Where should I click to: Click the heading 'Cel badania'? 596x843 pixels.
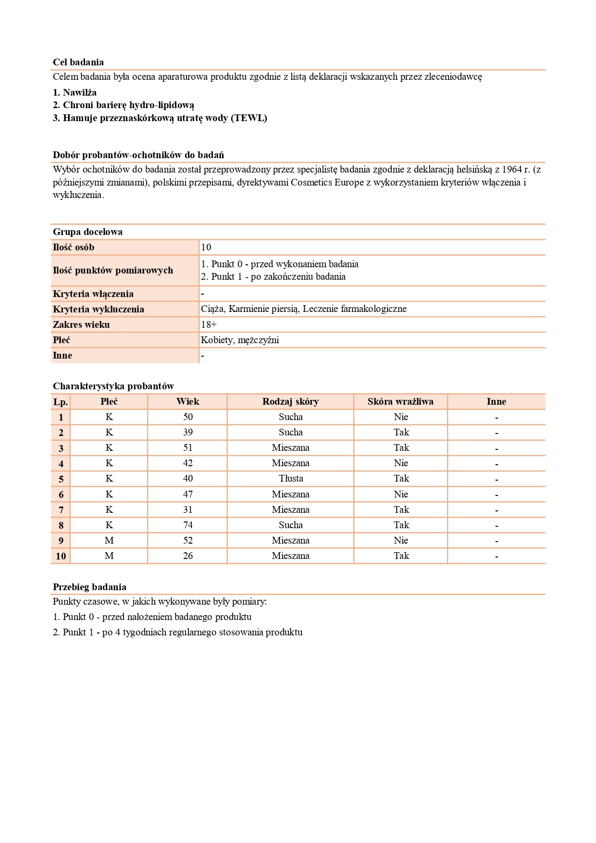tap(78, 62)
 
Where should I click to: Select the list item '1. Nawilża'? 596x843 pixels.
tap(74, 92)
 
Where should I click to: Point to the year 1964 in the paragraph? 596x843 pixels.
tap(512, 169)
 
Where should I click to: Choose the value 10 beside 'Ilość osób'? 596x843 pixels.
tap(206, 247)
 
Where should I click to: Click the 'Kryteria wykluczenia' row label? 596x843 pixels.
tap(99, 309)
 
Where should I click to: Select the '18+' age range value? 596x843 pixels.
tap(209, 324)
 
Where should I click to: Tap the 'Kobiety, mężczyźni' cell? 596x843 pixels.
tap(240, 340)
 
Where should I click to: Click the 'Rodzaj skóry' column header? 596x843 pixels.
tap(290, 401)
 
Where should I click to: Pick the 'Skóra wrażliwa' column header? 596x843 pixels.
tap(400, 401)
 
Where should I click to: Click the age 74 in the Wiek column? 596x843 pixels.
tap(188, 525)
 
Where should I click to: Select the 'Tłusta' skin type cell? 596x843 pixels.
tap(291, 478)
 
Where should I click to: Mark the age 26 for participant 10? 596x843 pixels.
tap(188, 556)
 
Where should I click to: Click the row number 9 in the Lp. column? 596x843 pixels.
tap(61, 541)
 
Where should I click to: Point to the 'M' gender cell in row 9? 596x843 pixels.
tap(109, 540)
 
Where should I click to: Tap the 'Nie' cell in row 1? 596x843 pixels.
tap(401, 417)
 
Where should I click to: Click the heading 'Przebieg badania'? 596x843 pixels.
tap(89, 587)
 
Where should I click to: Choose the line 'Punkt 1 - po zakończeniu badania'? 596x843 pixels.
tap(273, 276)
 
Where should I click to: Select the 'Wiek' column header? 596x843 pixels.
tap(187, 401)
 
